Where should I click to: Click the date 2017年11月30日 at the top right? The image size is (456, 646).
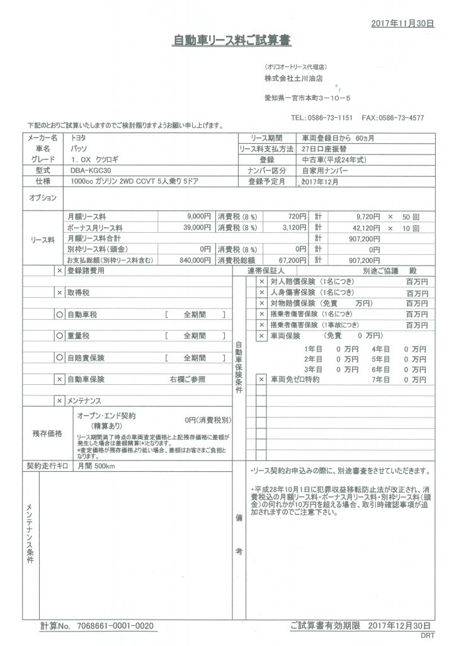click(x=402, y=23)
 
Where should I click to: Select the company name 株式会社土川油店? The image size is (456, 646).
click(x=294, y=79)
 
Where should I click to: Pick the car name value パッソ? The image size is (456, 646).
click(x=81, y=148)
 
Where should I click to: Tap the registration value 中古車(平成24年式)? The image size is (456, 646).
click(x=332, y=160)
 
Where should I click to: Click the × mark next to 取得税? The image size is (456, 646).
click(x=59, y=293)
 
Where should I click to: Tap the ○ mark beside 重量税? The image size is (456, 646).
click(x=59, y=336)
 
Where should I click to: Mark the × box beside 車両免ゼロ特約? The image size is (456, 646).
click(x=261, y=380)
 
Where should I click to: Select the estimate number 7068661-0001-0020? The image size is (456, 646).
click(x=115, y=626)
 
